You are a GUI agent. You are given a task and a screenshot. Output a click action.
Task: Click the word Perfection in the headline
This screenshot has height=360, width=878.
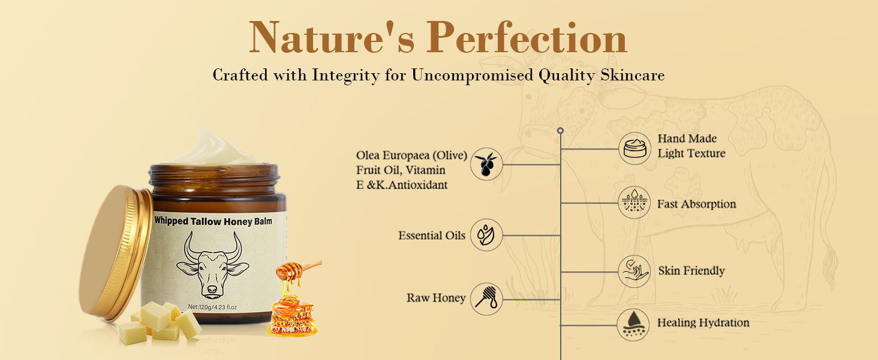tap(527, 37)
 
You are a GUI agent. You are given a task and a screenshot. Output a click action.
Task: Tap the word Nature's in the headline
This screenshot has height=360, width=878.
tap(332, 37)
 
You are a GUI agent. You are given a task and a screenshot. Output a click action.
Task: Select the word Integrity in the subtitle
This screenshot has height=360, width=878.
tap(345, 75)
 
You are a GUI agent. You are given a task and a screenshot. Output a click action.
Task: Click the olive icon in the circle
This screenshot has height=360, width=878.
tap(486, 164)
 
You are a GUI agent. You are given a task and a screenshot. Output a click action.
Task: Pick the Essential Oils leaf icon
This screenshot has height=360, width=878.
tap(486, 235)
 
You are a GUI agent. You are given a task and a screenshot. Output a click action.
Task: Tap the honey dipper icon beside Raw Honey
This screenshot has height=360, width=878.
tap(486, 299)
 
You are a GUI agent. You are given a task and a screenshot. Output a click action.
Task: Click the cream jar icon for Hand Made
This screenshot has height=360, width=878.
tap(635, 149)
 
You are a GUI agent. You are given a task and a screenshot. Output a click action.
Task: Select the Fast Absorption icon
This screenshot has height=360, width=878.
tap(634, 202)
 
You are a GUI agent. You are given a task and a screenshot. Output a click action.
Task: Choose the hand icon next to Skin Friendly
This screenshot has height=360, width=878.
tap(634, 271)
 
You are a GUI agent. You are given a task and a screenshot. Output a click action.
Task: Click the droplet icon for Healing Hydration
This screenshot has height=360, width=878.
tap(633, 325)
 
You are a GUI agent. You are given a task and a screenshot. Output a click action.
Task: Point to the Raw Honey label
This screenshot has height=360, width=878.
tap(436, 298)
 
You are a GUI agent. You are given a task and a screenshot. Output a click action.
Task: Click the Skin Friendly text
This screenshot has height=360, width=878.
tap(691, 271)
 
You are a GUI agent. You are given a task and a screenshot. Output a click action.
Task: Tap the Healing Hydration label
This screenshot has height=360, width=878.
tap(703, 323)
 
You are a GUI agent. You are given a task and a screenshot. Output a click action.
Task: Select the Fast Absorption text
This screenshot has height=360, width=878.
tap(696, 204)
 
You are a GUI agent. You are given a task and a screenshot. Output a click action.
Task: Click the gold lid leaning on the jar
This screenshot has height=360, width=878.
tap(116, 253)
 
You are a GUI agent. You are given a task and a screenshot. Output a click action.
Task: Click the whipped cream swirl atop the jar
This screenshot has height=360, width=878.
tap(215, 147)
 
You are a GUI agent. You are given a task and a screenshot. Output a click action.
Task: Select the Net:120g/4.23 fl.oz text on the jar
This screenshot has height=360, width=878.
tap(212, 307)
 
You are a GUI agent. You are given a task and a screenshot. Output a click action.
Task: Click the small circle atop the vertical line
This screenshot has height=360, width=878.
tap(561, 131)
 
